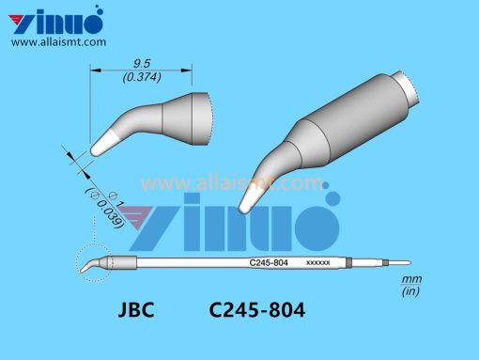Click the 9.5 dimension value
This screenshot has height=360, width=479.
[142, 64]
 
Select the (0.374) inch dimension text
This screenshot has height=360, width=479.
[142, 77]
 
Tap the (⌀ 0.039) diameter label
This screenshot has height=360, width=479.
[105, 208]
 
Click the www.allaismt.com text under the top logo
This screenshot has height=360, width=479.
[58, 42]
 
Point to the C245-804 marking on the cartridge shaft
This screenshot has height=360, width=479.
[269, 262]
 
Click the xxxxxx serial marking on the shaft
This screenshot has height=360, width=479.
[317, 262]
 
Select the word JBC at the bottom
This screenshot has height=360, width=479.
[136, 310]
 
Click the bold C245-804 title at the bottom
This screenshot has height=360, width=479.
[257, 310]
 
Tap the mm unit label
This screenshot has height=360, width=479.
[411, 279]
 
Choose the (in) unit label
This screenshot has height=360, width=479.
[410, 291]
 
